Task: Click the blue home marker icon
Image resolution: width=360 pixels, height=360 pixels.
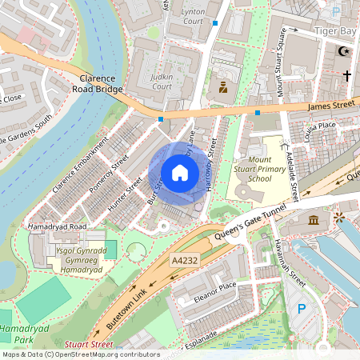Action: tap(180, 172)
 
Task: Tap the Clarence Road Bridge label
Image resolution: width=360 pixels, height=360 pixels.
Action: tap(100, 84)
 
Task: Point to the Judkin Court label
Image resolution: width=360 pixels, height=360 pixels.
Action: tap(162, 81)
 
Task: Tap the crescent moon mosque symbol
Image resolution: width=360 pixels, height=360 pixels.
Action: tap(344, 51)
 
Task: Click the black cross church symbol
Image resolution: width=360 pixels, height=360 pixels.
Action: tap(346, 75)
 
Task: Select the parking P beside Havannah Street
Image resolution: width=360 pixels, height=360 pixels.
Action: tap(302, 309)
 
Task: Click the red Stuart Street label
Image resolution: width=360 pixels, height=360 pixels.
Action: tap(89, 345)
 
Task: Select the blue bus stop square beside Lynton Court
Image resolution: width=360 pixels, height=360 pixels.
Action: tap(215, 23)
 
